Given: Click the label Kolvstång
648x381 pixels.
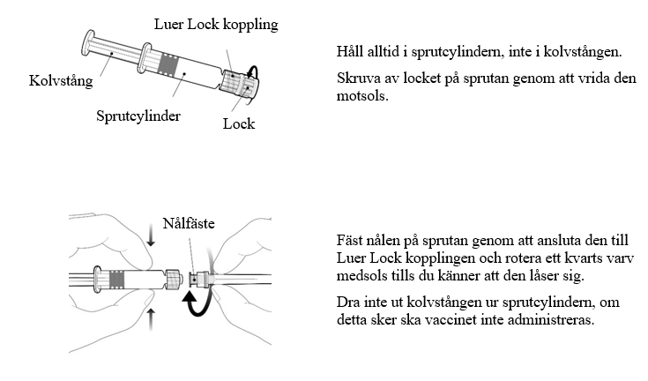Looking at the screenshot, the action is click(x=61, y=80).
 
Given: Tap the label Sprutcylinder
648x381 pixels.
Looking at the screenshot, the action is click(x=138, y=116).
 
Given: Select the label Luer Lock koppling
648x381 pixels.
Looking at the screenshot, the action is click(x=216, y=24).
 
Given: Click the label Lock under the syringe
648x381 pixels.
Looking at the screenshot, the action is click(x=239, y=123).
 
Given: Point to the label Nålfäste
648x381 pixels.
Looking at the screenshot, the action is click(x=189, y=223).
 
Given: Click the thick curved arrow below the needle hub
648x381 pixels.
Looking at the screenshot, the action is click(x=197, y=303).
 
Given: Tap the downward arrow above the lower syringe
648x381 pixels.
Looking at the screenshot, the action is click(x=151, y=237).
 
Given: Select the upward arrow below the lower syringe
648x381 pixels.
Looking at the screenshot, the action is click(x=151, y=319).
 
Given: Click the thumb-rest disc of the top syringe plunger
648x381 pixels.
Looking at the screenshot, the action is click(x=87, y=43).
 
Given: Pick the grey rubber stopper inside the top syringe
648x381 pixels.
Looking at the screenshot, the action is click(x=168, y=64).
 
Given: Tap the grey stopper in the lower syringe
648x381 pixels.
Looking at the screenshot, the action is click(x=116, y=280).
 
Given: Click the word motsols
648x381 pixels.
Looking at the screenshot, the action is click(x=362, y=96).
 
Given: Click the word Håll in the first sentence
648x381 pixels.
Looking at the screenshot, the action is click(x=350, y=52).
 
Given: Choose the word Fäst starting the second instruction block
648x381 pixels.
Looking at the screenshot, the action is click(x=350, y=240).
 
